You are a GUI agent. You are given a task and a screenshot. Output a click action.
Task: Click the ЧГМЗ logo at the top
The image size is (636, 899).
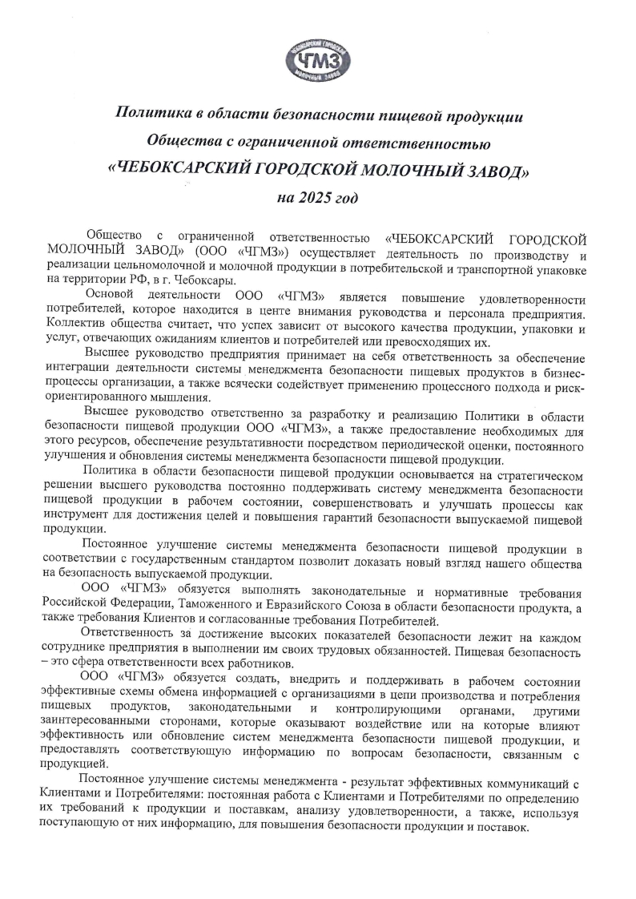[x=317, y=61]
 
